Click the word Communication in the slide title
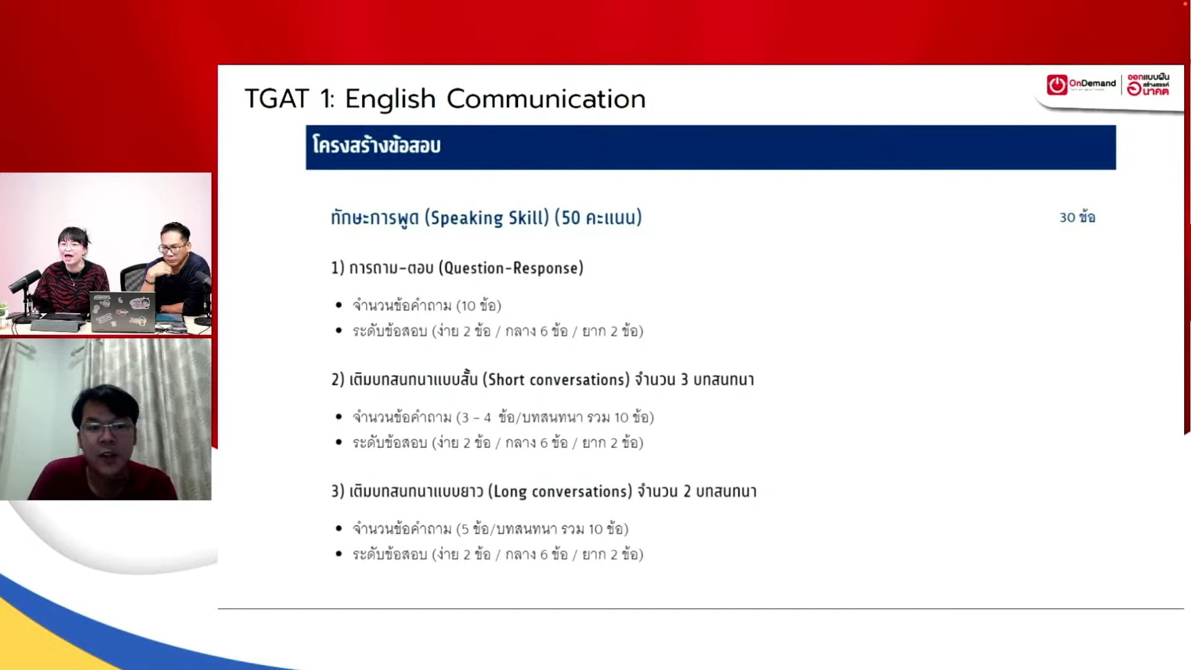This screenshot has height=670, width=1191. tap(546, 99)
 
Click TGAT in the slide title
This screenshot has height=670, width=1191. tap(277, 99)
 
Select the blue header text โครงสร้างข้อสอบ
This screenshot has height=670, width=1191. tap(377, 146)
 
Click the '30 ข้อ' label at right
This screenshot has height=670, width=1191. tap(1077, 217)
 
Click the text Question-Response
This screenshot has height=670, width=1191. tap(511, 268)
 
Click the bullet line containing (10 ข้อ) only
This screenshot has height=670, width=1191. tap(427, 306)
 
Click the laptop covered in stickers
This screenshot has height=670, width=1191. tap(122, 311)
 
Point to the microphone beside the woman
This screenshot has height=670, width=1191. tap(25, 282)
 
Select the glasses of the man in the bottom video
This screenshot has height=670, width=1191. tap(107, 427)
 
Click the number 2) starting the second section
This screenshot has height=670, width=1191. tap(337, 380)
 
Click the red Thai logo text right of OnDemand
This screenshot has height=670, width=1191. tap(1148, 85)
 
